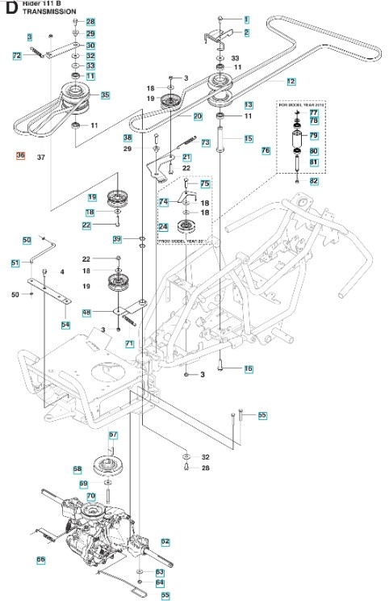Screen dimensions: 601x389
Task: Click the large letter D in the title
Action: click(7, 7)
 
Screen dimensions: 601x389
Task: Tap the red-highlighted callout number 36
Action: click(21, 156)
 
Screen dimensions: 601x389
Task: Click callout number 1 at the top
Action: click(246, 18)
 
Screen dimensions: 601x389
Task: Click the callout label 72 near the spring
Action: click(17, 56)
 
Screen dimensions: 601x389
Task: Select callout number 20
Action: click(197, 116)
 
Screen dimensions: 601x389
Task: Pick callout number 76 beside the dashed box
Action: click(266, 151)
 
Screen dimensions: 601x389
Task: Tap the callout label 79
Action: click(314, 136)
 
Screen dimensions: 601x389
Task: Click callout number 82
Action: click(314, 181)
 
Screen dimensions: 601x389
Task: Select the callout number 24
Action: click(163, 227)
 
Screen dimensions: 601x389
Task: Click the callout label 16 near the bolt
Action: click(249, 368)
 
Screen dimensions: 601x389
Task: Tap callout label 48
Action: click(110, 313)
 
